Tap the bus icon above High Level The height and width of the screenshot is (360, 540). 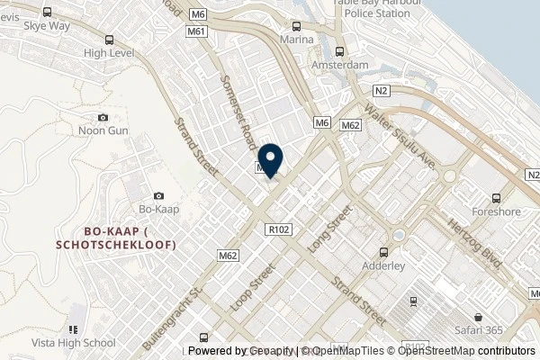109,40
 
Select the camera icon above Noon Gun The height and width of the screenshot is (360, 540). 103,117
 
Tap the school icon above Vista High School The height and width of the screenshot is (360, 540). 74,330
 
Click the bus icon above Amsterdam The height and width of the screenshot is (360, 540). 339,52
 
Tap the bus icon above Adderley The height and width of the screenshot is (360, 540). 384,253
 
